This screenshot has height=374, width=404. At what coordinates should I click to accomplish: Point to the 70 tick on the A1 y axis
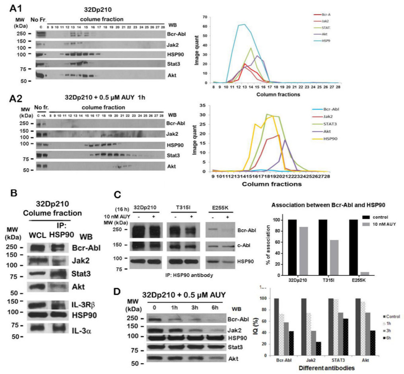[204, 17]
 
